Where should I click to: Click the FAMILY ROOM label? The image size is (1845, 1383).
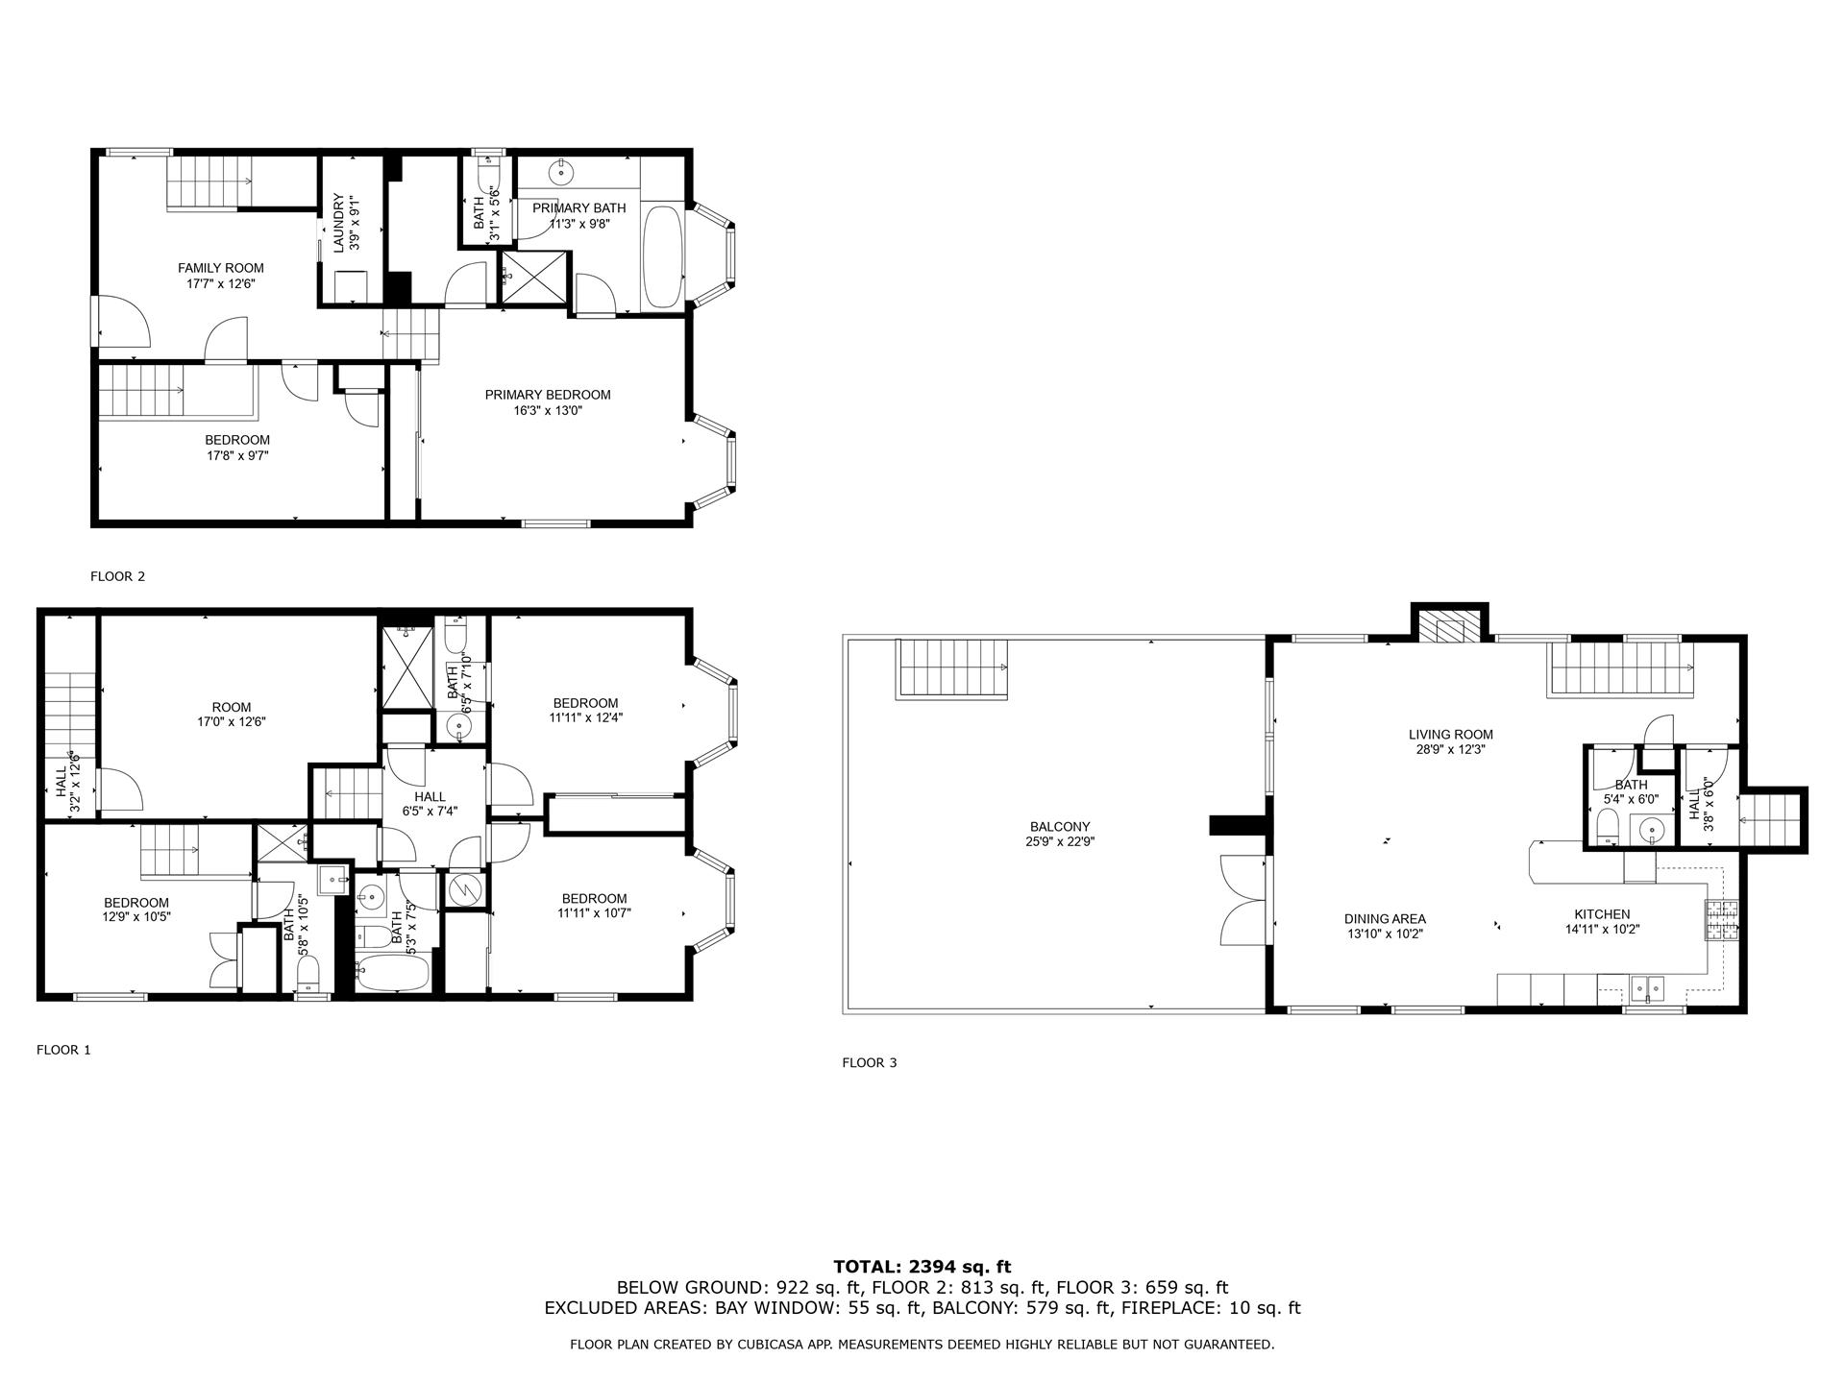[x=220, y=268]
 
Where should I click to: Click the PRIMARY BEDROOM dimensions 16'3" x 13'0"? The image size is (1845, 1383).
[x=548, y=410]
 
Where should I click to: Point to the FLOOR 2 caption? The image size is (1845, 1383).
[x=117, y=576]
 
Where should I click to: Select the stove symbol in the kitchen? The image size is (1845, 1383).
[x=1721, y=920]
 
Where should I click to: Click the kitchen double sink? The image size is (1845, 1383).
[x=1649, y=988]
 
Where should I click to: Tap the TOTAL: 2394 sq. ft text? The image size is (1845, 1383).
[x=922, y=1267]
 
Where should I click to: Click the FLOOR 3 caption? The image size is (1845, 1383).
[x=869, y=1062]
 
